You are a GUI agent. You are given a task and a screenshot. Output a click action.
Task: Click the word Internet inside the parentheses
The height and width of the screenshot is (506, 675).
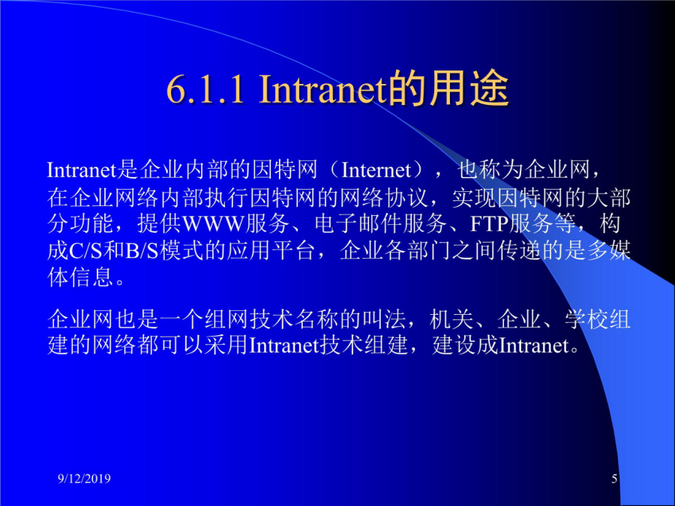click(376, 170)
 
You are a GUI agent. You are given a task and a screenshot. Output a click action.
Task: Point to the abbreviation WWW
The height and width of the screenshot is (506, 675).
click(213, 223)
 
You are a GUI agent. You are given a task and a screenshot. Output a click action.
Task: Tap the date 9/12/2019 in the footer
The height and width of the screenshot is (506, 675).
click(84, 478)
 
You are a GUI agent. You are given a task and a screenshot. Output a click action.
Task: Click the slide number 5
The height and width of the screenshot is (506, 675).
click(614, 478)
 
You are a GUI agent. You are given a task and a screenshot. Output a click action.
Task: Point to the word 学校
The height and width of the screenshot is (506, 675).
click(586, 319)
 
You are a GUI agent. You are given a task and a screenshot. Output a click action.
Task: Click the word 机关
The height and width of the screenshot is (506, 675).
click(451, 319)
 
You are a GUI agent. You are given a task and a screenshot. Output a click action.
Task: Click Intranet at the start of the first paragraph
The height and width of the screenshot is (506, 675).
click(82, 170)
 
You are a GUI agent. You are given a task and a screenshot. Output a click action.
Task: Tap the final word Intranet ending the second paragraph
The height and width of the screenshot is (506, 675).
click(534, 346)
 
